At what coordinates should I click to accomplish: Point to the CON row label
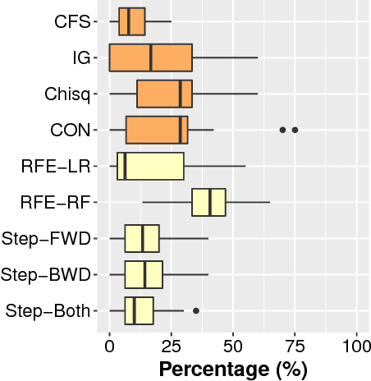pyautogui.click(x=68, y=130)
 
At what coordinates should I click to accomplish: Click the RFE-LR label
pyautogui.click(x=55, y=166)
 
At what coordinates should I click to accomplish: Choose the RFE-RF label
pyautogui.click(x=55, y=202)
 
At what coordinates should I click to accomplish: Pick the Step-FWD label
pyautogui.click(x=48, y=238)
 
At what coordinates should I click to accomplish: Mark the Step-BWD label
pyautogui.click(x=48, y=274)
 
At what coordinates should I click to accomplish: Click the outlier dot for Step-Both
pyautogui.click(x=196, y=310)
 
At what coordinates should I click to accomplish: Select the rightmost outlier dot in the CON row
pyautogui.click(x=295, y=130)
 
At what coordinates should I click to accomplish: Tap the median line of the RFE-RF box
pyautogui.click(x=211, y=202)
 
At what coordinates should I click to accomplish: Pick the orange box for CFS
pyautogui.click(x=131, y=21)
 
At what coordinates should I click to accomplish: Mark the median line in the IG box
pyautogui.click(x=151, y=57)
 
